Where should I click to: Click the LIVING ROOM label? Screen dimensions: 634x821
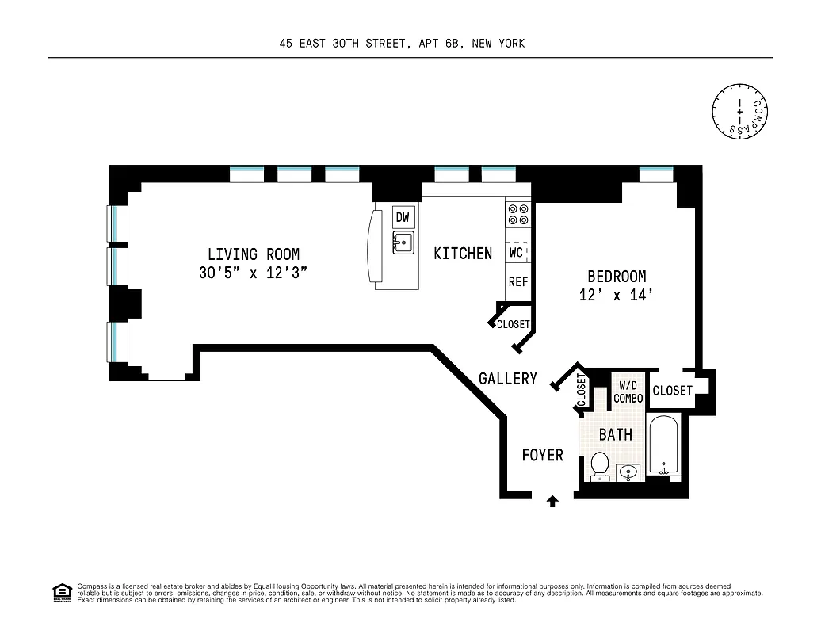254,254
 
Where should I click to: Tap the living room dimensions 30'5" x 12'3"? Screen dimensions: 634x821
254,273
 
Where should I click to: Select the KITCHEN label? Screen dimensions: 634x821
463,254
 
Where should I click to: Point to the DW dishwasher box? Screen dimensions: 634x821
403,217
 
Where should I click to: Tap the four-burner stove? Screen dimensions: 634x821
517,215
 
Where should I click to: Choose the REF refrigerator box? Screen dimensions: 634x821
517,281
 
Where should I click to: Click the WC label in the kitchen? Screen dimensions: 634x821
517,253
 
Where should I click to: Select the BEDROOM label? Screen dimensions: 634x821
616,277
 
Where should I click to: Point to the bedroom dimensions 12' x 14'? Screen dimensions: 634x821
616,295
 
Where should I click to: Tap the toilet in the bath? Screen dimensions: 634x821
599,465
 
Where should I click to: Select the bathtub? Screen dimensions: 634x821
663,447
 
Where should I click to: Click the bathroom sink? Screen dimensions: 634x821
628,473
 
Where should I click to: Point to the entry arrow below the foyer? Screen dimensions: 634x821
552,501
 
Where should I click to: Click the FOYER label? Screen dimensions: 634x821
542,455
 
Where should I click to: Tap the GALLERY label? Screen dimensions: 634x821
507,379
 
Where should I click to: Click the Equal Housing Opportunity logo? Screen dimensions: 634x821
62,592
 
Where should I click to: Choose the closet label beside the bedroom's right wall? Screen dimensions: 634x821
672,391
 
